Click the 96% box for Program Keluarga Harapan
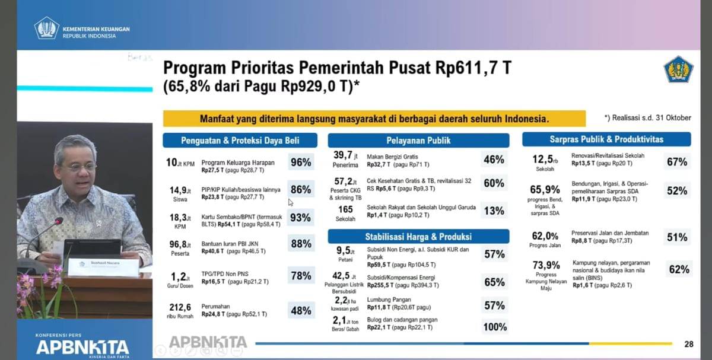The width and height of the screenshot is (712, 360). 301,163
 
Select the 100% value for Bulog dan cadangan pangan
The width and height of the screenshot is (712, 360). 494,327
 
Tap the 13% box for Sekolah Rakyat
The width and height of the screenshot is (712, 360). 494,211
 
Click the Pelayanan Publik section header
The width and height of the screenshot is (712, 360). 418,141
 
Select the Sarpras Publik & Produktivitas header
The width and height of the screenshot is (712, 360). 606,139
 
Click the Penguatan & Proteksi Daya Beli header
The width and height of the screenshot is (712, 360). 240,141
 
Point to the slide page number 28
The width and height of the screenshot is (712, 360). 688,344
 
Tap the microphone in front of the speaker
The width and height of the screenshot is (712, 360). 58,221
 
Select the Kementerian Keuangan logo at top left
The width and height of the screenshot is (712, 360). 46,28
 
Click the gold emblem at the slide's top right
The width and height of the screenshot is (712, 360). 678,69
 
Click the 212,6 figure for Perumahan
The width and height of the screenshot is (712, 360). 180,307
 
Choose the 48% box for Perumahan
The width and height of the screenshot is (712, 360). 301,310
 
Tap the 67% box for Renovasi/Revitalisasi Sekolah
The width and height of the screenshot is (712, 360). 677,162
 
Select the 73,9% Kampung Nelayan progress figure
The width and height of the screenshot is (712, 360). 546,265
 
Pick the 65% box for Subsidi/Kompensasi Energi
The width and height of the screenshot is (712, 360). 494,282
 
